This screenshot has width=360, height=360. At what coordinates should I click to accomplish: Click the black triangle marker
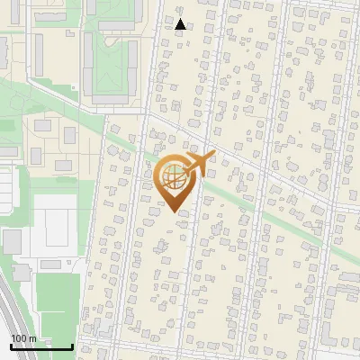[x=181, y=24]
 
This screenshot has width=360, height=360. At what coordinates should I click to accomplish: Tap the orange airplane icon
[x=200, y=163]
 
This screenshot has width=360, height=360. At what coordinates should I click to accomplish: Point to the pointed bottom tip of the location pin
[x=174, y=211]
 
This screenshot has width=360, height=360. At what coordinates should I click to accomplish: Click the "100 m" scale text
[x=24, y=337]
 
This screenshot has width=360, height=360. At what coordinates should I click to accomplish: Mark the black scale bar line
[x=41, y=346]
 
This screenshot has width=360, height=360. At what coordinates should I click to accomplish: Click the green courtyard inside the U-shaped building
[x=112, y=63]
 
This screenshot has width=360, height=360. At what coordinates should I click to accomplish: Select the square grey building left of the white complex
[x=12, y=241]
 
